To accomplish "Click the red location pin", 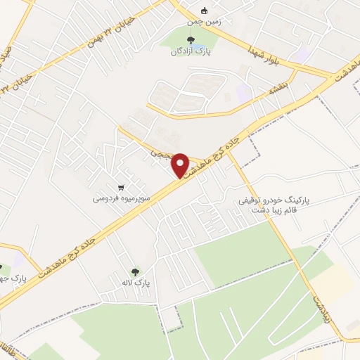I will pos(180,165).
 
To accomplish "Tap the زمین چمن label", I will pos(204,22).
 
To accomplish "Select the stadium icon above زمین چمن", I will pos(205,11).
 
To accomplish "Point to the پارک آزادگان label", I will pos(191,51).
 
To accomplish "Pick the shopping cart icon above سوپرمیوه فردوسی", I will pos(122,188).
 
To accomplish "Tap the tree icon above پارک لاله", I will pos(135,271).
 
